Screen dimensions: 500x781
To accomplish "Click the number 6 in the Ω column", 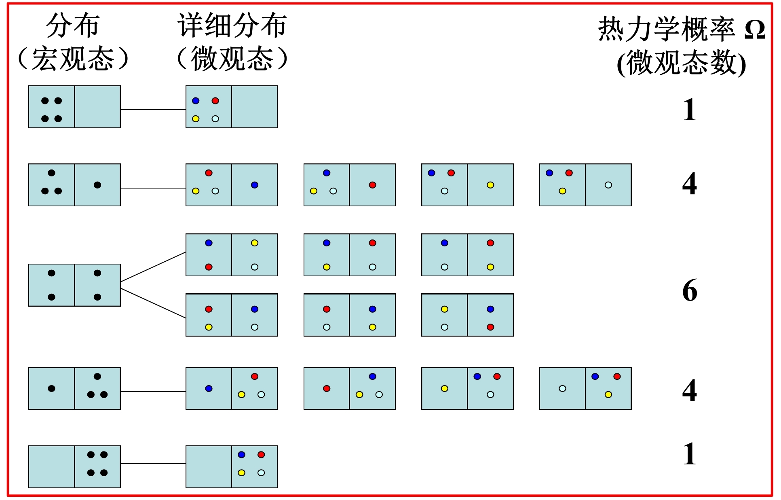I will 690,290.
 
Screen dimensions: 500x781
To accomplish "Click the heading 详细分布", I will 232,25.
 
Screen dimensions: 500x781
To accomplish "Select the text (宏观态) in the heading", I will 73,59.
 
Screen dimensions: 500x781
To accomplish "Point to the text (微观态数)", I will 681,64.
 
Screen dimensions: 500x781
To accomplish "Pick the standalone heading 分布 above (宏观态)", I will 73,25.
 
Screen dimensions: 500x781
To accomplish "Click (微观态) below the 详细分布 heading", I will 232,59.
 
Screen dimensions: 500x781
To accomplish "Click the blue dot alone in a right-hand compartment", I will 254,185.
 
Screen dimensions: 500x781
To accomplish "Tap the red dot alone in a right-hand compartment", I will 372,185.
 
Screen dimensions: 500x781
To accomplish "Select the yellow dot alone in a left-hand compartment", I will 444,388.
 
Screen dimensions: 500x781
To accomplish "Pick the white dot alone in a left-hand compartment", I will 562,388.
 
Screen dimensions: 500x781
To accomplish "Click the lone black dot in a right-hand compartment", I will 97,185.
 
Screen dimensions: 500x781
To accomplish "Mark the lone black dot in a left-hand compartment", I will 51,388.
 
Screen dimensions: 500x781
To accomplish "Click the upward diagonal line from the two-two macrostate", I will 153,267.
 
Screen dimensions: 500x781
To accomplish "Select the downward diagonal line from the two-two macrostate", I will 153,303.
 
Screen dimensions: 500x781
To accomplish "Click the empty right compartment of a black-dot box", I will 97,107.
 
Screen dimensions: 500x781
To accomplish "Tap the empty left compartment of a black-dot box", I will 51,467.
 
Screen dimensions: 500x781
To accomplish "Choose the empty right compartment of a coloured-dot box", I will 254,107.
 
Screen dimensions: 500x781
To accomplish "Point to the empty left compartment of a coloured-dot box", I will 209,467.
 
